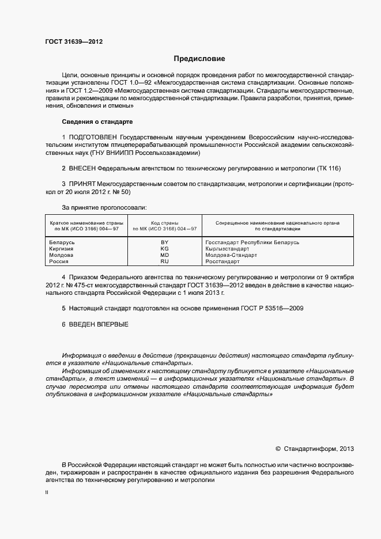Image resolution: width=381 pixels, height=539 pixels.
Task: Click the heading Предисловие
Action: tap(199, 59)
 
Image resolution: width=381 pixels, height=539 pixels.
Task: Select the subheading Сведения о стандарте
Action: tap(97, 122)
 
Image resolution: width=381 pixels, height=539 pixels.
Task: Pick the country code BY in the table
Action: tap(164, 242)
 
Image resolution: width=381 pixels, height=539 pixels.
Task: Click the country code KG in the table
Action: tap(164, 249)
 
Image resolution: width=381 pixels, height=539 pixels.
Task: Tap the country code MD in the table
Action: tap(164, 255)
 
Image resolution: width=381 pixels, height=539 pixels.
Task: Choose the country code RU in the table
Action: tap(164, 261)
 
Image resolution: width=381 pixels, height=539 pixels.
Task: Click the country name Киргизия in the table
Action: tap(62, 249)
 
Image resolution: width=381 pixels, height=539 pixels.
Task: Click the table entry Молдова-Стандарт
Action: tap(231, 255)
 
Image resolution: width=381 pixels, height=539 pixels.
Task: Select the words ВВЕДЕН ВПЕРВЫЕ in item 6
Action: tap(99, 325)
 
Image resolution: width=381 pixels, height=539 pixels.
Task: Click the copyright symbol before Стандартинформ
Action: tap(278, 449)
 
